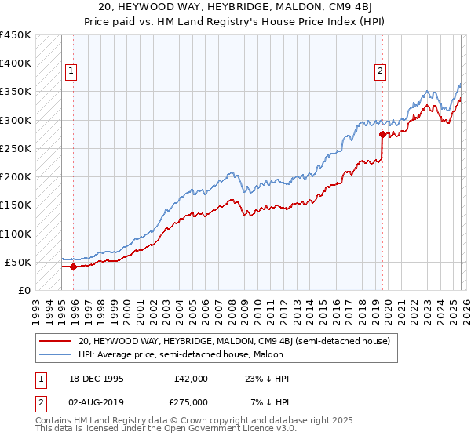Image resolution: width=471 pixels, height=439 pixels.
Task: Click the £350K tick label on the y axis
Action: [x=16, y=92]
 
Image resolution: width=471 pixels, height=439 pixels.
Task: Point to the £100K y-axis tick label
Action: [x=16, y=234]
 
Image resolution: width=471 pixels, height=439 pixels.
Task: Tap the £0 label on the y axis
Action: [x=24, y=291]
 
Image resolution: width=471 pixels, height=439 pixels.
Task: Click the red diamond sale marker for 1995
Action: [x=74, y=267]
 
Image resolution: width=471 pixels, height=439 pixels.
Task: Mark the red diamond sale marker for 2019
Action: [x=382, y=134]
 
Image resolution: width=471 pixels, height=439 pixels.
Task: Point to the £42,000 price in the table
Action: [x=191, y=379]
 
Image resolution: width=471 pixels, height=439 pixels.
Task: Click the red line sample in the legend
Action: [x=55, y=341]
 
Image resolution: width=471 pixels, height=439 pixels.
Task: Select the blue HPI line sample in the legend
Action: [x=55, y=354]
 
